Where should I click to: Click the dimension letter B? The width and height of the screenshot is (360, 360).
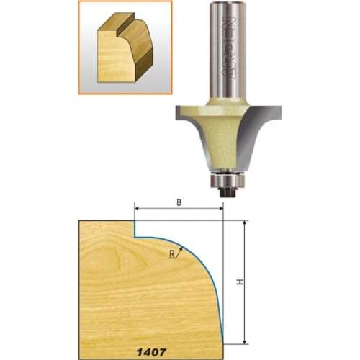coord(179,203)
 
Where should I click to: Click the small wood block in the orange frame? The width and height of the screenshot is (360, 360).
coord(122,54)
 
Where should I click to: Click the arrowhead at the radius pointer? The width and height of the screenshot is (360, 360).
coord(182,247)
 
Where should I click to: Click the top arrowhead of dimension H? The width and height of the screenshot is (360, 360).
coord(246,224)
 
